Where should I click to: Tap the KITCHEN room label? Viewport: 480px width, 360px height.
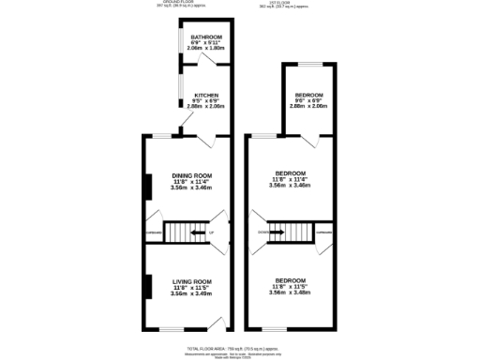(205, 96)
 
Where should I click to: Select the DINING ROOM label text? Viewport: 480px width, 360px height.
(191, 175)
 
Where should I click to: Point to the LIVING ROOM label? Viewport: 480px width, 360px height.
(191, 281)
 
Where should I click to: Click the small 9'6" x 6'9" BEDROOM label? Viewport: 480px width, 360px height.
(308, 96)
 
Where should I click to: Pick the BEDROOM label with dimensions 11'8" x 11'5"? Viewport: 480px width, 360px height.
(289, 281)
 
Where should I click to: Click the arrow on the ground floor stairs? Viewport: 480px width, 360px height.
(197, 232)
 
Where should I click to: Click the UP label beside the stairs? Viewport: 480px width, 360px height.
(212, 232)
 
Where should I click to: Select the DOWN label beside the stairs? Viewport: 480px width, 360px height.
(263, 232)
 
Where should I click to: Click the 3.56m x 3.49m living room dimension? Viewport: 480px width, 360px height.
(191, 293)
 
